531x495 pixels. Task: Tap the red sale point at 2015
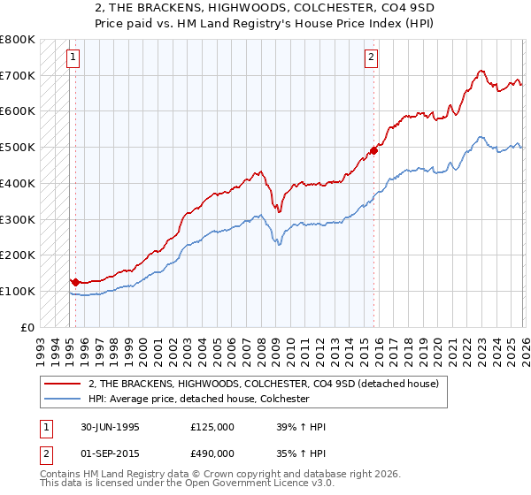tap(373, 151)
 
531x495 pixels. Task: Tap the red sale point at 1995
tap(75, 282)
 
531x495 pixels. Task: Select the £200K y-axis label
tap(18, 255)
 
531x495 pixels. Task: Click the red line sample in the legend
tap(64, 384)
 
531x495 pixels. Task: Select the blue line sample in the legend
tap(64, 399)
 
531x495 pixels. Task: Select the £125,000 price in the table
tap(212, 427)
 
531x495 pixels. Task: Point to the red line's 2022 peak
tap(480, 70)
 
